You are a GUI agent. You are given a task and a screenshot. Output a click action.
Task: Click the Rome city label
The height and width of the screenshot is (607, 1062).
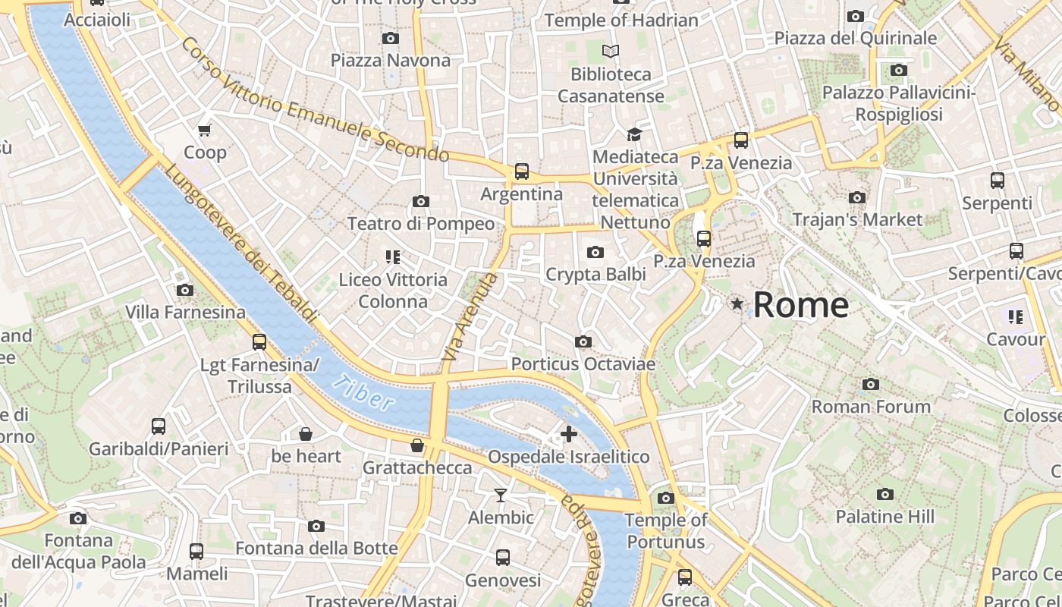800,305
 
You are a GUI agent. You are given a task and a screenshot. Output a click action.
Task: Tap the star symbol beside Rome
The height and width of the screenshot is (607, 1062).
737,304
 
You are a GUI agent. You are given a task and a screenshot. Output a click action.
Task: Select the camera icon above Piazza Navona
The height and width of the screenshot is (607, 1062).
391,38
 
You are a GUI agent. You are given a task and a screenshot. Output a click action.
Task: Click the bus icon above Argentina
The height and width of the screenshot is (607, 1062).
522,171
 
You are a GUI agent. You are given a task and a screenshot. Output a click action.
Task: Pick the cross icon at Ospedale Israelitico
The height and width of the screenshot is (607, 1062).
568,434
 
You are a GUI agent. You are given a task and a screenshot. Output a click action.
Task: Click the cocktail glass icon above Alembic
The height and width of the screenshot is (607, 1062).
501,495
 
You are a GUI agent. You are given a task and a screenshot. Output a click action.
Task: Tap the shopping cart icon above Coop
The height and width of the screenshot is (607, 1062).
204,130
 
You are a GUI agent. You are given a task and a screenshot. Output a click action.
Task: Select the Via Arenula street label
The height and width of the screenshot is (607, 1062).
470,316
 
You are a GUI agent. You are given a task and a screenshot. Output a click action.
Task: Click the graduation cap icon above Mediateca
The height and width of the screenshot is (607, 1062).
633,134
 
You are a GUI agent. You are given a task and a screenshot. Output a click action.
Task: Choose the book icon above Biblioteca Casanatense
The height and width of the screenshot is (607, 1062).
611,52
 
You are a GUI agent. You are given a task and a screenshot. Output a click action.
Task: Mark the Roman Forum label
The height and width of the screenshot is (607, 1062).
871,407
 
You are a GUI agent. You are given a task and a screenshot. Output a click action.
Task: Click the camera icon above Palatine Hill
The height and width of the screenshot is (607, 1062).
884,495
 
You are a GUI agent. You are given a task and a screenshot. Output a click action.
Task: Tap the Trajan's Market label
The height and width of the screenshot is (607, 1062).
857,220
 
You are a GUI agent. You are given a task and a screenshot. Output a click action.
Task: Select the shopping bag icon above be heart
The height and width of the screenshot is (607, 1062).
306,434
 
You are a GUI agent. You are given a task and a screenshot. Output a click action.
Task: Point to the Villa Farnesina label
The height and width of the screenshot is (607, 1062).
185,312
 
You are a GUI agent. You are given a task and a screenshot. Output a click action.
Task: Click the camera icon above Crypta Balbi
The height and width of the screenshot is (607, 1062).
595,252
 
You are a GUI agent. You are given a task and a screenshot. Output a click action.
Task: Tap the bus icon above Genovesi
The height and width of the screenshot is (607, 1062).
502,558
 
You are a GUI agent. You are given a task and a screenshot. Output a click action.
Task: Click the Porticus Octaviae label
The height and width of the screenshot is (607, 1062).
583,364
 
